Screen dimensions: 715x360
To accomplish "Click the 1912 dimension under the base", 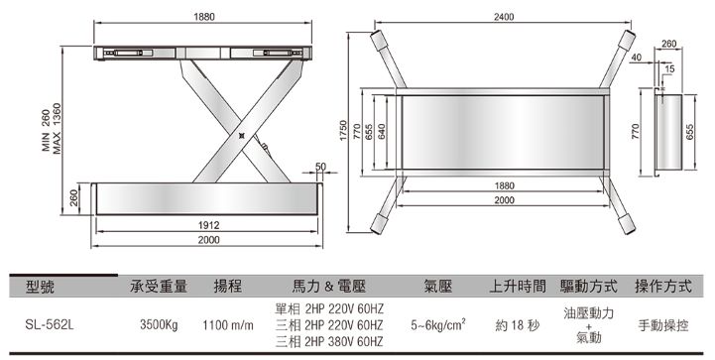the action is click(x=208, y=225).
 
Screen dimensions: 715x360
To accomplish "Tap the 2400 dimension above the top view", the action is click(x=504, y=17).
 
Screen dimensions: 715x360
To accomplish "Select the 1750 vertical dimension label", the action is click(x=343, y=131).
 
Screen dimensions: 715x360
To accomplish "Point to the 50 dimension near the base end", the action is click(x=320, y=166).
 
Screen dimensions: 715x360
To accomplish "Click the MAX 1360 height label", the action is click(x=57, y=129).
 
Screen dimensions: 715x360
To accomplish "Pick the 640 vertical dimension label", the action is click(x=382, y=132).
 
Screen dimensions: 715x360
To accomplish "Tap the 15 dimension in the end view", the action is click(x=669, y=68).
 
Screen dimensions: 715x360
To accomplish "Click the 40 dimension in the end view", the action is click(x=637, y=58).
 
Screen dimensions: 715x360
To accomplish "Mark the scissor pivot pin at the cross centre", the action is click(x=242, y=135).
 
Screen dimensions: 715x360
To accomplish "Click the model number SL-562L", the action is click(x=50, y=325).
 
